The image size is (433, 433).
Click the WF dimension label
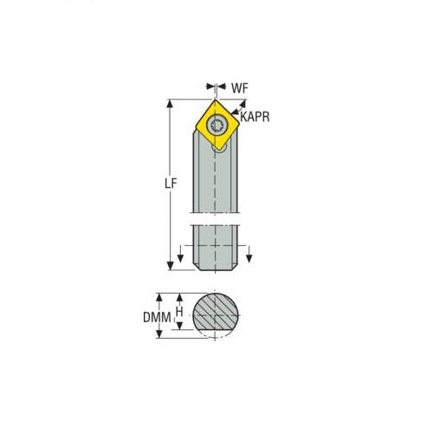tap(239, 87)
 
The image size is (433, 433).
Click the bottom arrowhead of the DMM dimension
tap(170, 336)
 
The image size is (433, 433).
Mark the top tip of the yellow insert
tap(213, 100)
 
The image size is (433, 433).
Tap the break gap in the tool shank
tap(214, 216)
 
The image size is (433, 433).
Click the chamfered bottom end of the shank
tap(214, 266)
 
